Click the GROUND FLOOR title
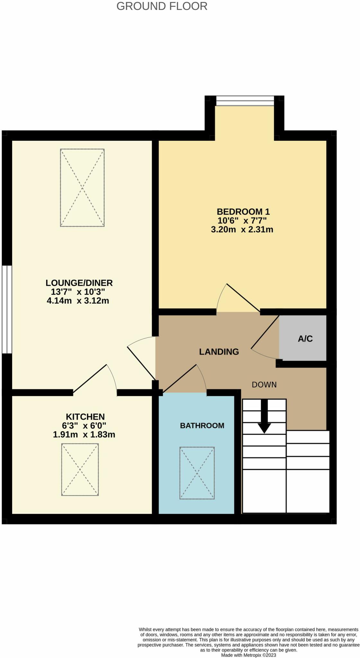[162, 6]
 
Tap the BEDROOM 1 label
[243, 211]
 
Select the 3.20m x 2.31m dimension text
[242, 229]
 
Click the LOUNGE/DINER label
[79, 283]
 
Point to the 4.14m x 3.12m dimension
[78, 301]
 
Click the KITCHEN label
[85, 417]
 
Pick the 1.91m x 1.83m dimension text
[84, 435]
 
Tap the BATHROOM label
[202, 425]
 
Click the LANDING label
[219, 351]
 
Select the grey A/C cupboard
[304, 338]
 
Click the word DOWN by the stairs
[264, 385]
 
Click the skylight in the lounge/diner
[82, 188]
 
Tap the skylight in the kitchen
[80, 469]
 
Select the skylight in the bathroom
[197, 473]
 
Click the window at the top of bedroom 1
[245, 101]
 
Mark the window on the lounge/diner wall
[7, 309]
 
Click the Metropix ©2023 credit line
[248, 655]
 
